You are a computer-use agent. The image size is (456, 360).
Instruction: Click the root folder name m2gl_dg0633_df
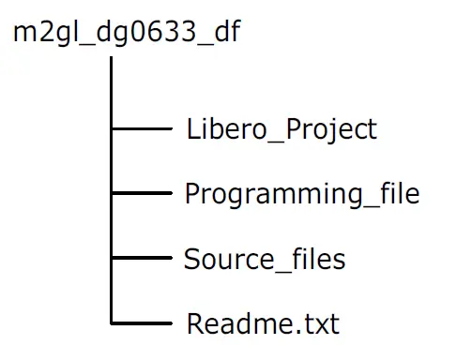tap(127, 33)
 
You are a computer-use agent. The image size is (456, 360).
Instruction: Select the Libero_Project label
tap(281, 129)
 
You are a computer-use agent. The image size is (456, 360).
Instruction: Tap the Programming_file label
tap(301, 195)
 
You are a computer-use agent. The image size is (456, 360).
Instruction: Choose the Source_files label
tap(265, 259)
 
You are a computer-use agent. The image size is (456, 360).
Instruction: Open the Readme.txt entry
tap(263, 324)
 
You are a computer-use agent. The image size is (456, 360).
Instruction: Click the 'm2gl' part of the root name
tap(42, 33)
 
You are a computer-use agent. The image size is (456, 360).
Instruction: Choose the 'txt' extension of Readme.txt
tap(319, 324)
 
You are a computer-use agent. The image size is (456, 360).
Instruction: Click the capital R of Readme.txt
tap(195, 324)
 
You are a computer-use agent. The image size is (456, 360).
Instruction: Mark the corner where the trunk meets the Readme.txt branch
tap(112, 323)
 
